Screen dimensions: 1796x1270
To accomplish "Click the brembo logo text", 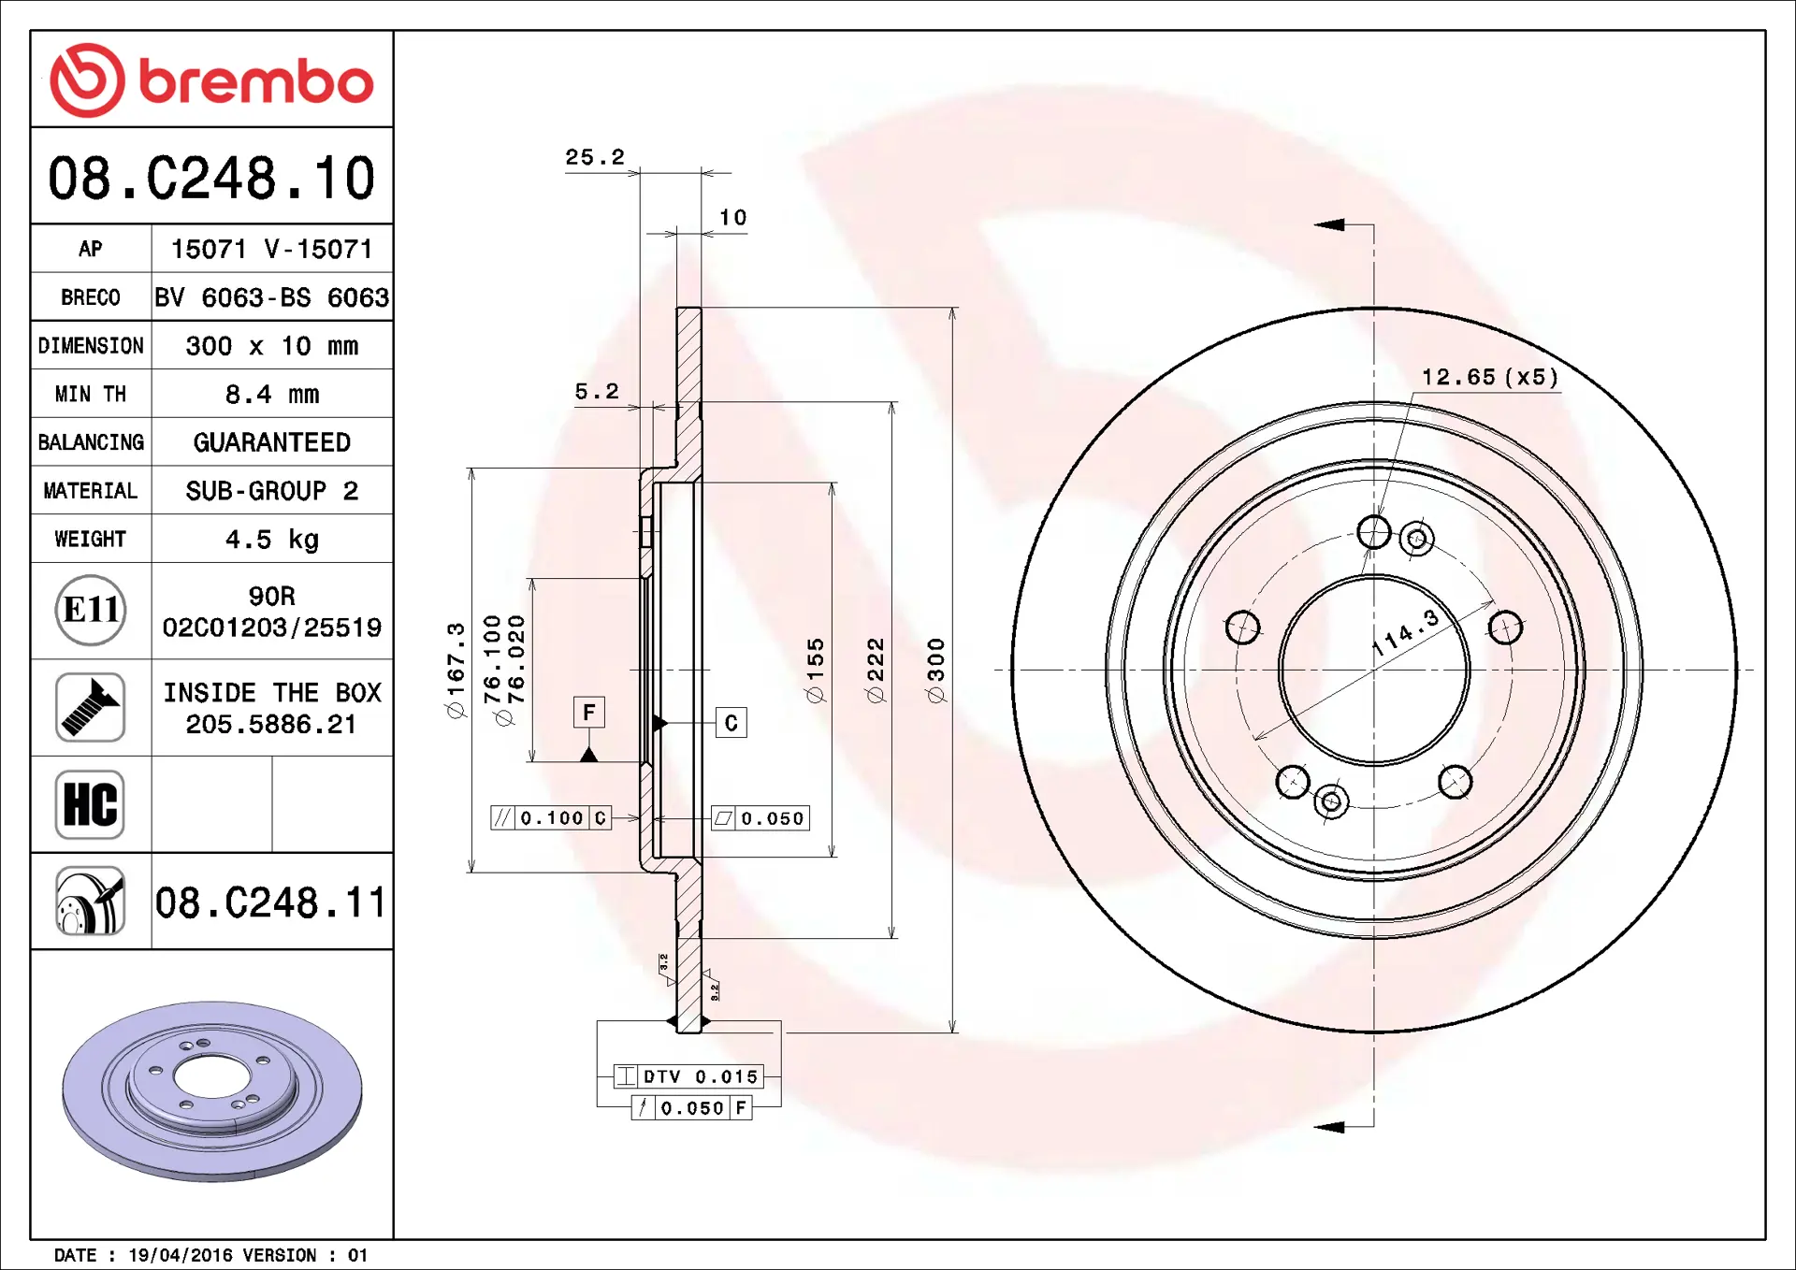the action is click(x=256, y=81).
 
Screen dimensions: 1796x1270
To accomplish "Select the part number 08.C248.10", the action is click(x=211, y=178).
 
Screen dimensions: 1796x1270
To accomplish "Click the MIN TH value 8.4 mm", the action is click(x=272, y=395).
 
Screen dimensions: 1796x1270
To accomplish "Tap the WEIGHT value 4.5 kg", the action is click(x=272, y=540).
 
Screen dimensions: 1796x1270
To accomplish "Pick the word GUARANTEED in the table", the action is click(x=272, y=442).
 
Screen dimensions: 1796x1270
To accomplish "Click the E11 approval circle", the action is click(x=91, y=610).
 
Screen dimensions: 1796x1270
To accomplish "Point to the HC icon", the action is click(x=90, y=804).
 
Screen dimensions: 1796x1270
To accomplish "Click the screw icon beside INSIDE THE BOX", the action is click(x=90, y=707).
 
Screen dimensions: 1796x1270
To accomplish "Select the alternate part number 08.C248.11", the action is click(x=270, y=902).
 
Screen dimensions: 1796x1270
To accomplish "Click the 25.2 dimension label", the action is click(x=595, y=157).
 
